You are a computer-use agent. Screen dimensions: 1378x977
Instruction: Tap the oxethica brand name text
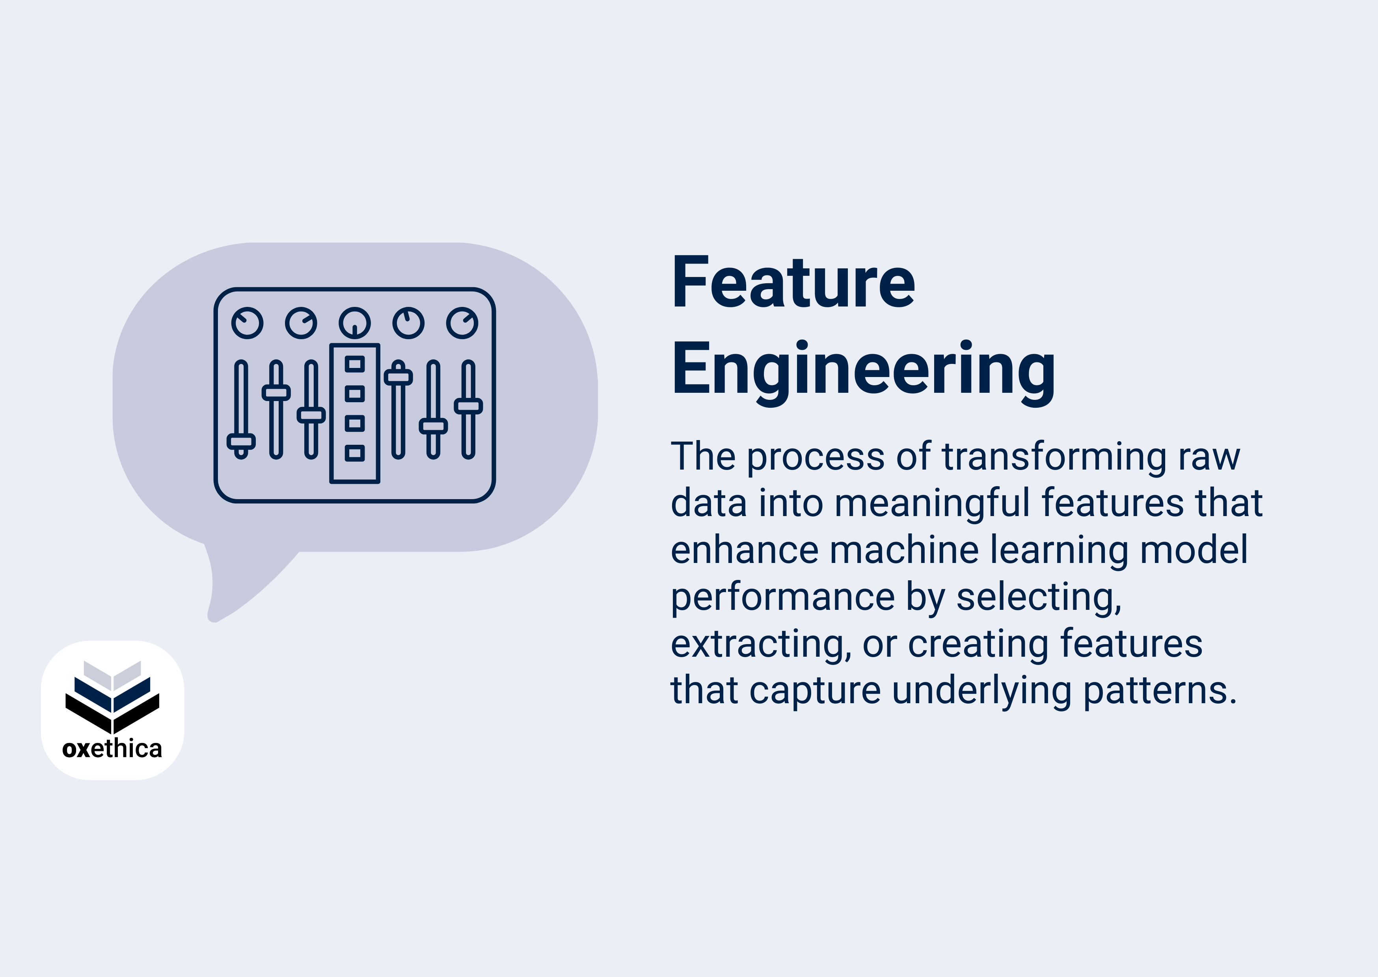pyautogui.click(x=112, y=749)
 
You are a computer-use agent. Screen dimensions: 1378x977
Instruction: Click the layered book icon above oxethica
pyautogui.click(x=112, y=695)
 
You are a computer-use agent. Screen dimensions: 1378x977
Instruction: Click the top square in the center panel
pyautogui.click(x=354, y=364)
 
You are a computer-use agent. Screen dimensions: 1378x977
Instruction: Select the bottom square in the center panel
pyautogui.click(x=354, y=453)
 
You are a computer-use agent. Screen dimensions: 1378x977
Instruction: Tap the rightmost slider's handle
pyautogui.click(x=468, y=406)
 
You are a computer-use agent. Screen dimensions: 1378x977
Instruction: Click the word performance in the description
pyautogui.click(x=783, y=597)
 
